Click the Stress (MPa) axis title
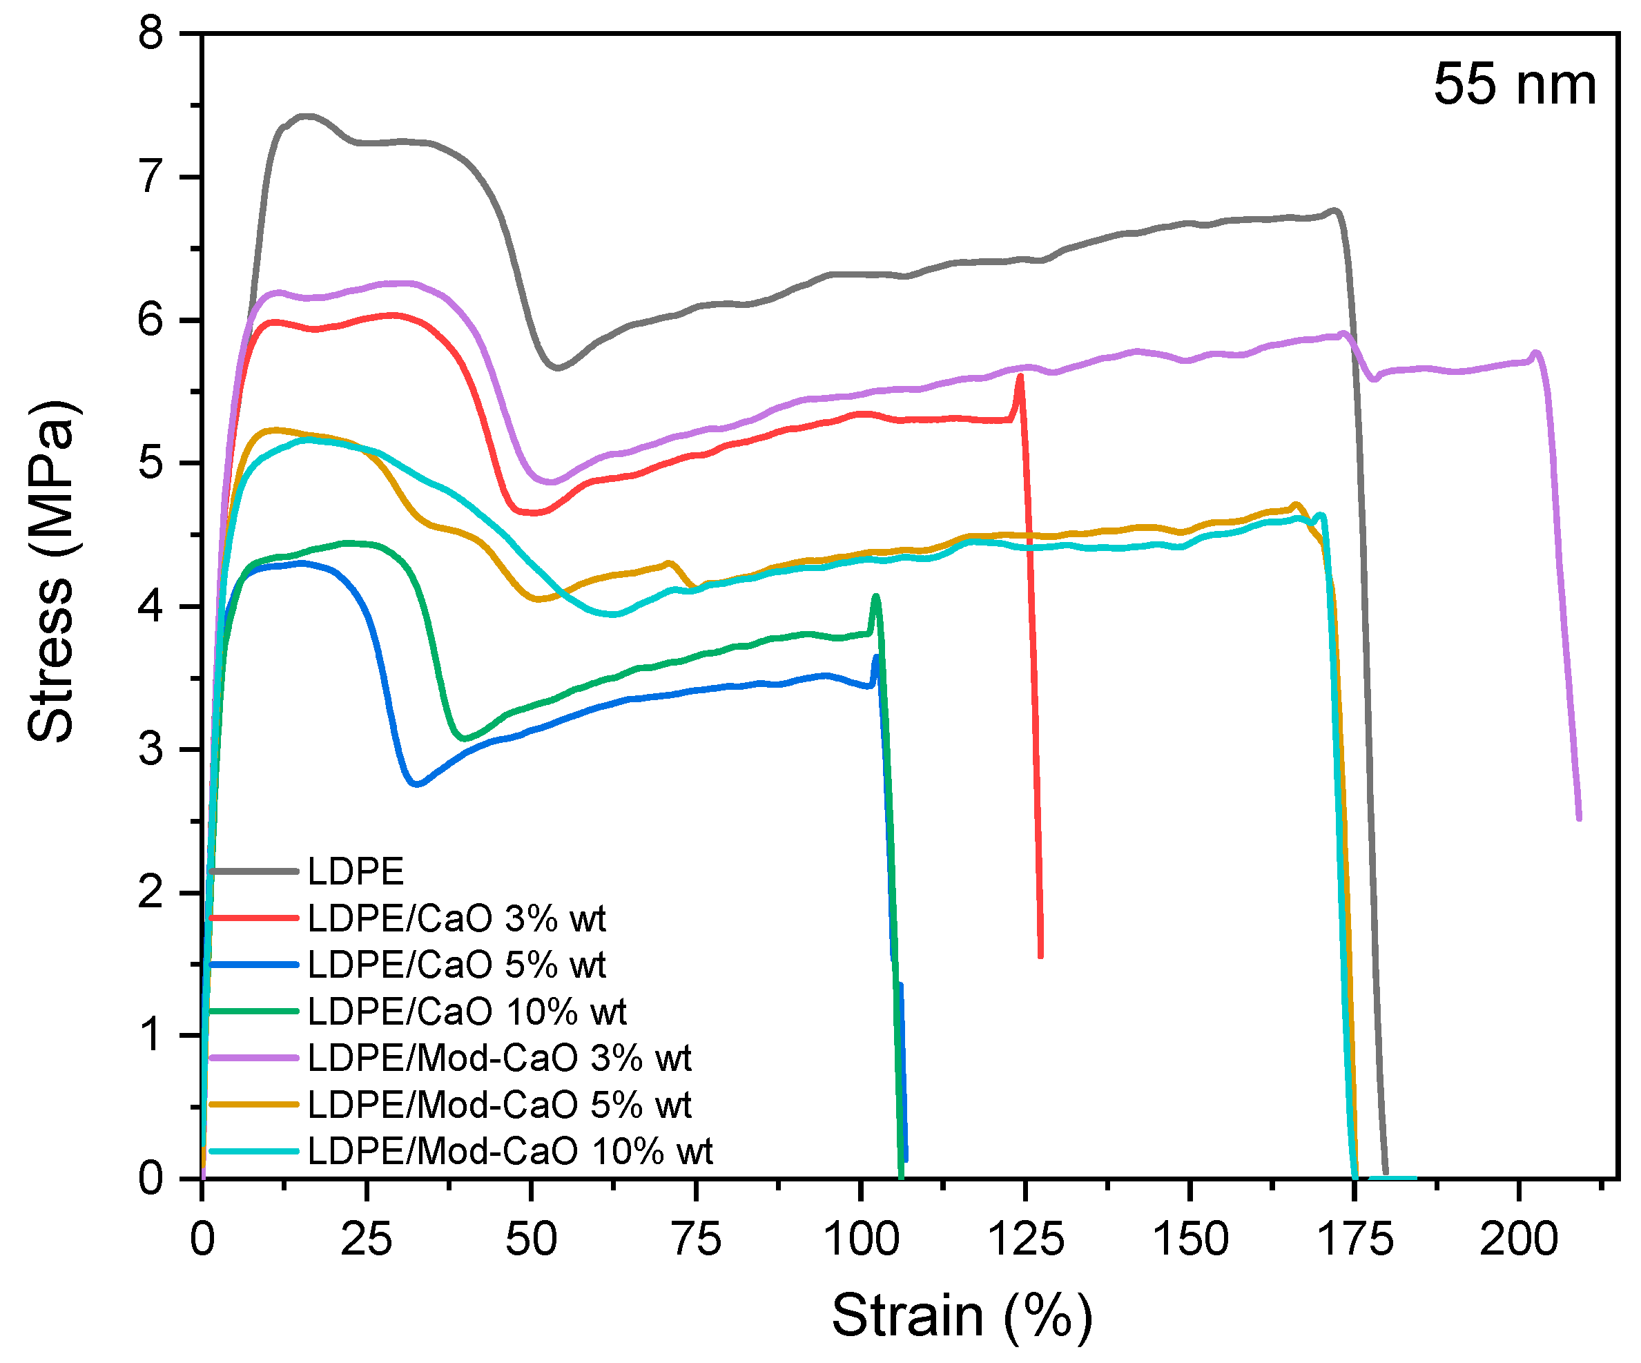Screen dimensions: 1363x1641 click(x=52, y=571)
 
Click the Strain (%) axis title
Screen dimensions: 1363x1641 click(x=962, y=1316)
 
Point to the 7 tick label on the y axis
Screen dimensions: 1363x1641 click(x=150, y=177)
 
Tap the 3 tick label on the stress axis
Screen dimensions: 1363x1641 click(x=150, y=749)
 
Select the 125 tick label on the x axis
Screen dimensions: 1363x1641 click(x=1026, y=1239)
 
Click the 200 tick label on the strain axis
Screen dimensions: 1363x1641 click(x=1518, y=1239)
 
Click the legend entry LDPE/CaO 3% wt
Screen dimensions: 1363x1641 click(x=456, y=918)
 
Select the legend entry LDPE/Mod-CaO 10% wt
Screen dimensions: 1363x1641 click(x=509, y=1151)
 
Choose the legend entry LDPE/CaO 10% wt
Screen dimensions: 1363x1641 click(x=467, y=1012)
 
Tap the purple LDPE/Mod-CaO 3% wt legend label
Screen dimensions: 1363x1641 click(x=499, y=1058)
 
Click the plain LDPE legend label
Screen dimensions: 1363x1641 click(x=356, y=871)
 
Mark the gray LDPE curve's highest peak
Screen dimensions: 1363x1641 click(x=308, y=116)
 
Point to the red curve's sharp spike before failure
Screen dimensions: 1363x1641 click(x=1020, y=378)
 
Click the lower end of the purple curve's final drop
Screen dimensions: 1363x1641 click(x=1580, y=818)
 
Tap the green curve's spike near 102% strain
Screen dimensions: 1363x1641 click(x=876, y=597)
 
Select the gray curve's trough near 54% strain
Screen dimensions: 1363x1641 click(x=557, y=367)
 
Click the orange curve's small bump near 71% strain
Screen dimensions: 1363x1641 click(x=669, y=563)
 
